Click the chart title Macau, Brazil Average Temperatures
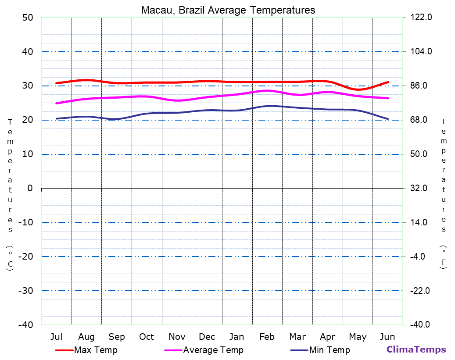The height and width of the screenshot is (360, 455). tap(228, 10)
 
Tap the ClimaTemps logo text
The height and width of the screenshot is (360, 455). tap(416, 349)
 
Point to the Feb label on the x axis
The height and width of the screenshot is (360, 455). tap(267, 337)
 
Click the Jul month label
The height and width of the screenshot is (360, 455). tap(56, 337)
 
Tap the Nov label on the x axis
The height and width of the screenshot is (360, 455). tap(177, 337)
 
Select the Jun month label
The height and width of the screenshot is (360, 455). tap(387, 337)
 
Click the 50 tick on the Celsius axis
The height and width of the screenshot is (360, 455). tap(28, 18)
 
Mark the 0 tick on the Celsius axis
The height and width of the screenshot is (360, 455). tap(30, 188)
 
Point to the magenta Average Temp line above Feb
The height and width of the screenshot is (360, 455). tap(267, 90)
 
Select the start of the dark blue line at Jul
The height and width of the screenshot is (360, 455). tap(57, 118)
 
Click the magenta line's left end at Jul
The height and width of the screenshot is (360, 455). tap(57, 103)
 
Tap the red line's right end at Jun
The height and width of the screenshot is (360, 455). tap(388, 82)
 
